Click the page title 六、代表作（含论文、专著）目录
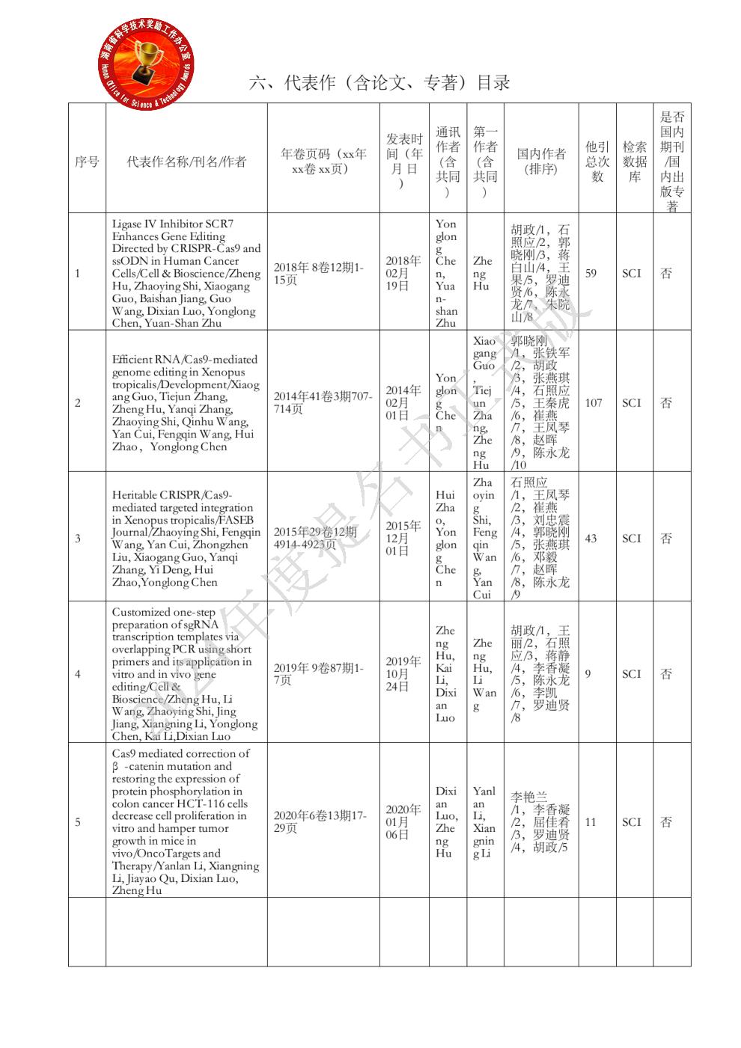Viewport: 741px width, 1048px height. tap(379, 83)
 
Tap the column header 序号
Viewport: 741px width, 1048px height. tap(87, 162)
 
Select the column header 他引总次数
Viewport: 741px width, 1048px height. tap(597, 162)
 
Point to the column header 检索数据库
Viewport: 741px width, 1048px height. tap(635, 162)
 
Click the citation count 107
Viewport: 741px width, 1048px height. tap(594, 403)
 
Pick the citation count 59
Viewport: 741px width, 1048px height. tap(591, 274)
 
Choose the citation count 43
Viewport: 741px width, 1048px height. tap(591, 539)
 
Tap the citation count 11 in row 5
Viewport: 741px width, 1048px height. tap(591, 822)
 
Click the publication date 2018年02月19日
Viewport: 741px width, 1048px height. tap(403, 274)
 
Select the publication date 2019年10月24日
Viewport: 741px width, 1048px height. tap(403, 674)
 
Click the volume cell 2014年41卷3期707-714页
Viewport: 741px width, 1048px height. tap(323, 403)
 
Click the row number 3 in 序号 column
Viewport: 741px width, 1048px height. tap(78, 539)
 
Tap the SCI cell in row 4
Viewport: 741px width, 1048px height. tap(632, 674)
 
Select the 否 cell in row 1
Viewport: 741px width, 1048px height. tap(666, 274)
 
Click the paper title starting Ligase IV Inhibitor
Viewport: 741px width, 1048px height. tap(186, 274)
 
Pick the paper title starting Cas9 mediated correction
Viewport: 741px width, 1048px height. tap(186, 822)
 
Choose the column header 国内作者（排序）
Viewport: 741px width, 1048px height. tap(541, 162)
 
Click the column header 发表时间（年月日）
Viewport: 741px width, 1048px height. tap(404, 162)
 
